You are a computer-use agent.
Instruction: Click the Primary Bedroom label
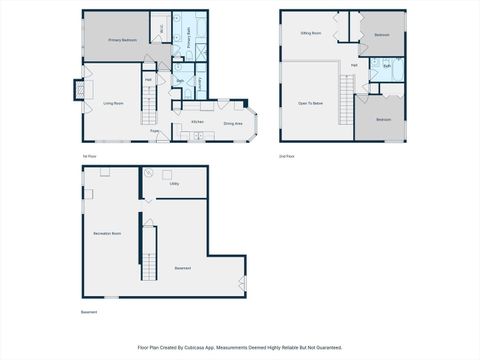point(121,40)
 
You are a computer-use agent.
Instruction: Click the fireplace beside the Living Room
point(76,91)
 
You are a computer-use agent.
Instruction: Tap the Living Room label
point(113,103)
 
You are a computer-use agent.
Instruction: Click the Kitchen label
point(197,122)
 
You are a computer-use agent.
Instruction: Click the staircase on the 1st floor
point(155,100)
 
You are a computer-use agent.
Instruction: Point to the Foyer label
point(154,130)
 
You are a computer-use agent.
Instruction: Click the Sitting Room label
point(311,33)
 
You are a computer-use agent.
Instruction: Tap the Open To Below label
point(310,103)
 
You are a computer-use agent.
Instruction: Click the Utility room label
point(174,184)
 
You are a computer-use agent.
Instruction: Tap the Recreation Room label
point(107,233)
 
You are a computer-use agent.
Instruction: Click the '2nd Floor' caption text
point(286,156)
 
